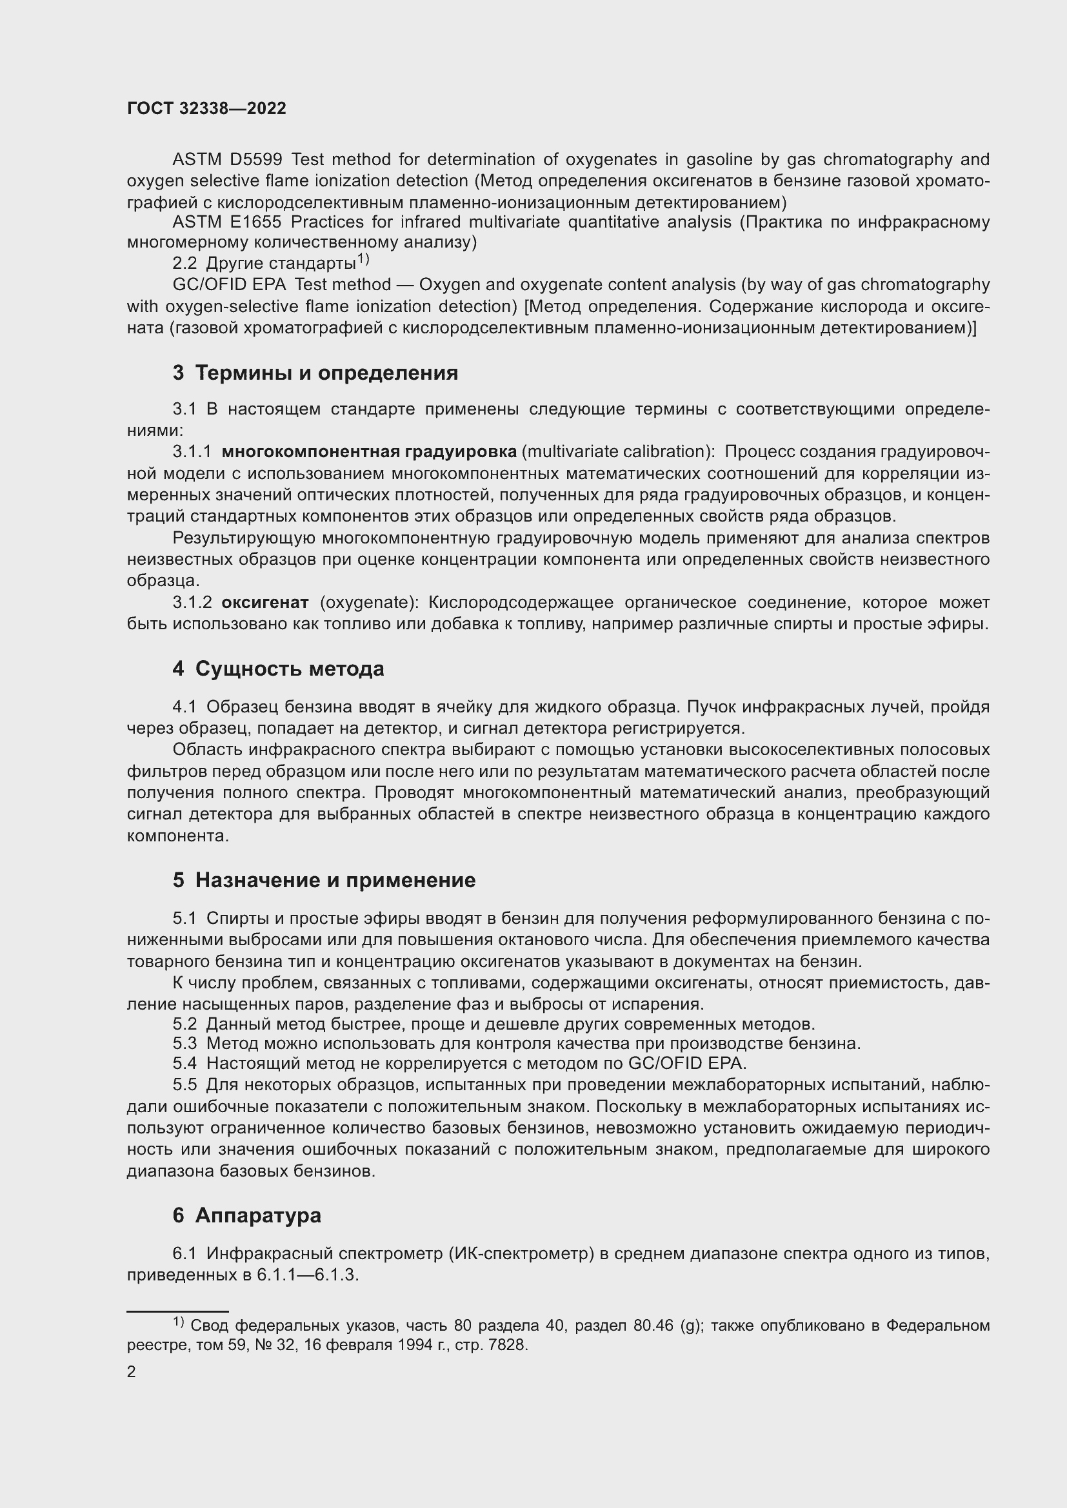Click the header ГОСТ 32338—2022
tap(206, 108)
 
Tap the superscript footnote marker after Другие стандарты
tap(363, 260)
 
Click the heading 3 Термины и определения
tap(315, 373)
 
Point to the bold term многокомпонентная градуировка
tap(369, 452)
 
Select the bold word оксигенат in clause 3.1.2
tap(264, 602)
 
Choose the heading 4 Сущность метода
tap(279, 669)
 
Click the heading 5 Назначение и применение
tap(324, 880)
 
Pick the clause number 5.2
tap(184, 1024)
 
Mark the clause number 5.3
tap(184, 1044)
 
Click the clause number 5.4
tap(184, 1063)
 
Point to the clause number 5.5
tap(184, 1084)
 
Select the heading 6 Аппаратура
tap(247, 1215)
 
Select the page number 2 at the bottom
tap(132, 1372)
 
